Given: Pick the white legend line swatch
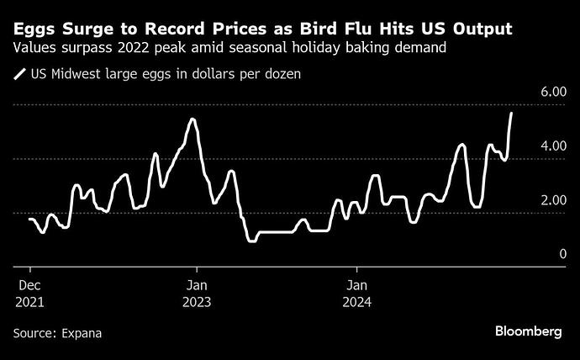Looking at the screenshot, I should (19, 75).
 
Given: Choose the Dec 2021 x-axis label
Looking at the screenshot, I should (30, 292).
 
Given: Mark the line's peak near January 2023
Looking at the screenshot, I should (192, 119).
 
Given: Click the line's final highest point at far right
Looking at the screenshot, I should (512, 113).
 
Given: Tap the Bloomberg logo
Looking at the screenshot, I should (527, 332).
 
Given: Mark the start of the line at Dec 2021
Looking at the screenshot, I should (30, 219).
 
